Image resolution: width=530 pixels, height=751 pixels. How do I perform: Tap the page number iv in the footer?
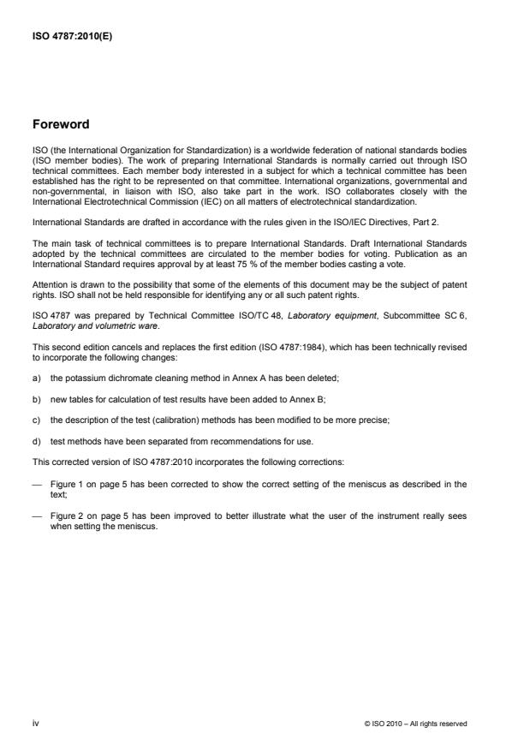[x=36, y=723]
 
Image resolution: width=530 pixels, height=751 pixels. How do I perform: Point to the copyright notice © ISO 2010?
[x=415, y=724]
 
